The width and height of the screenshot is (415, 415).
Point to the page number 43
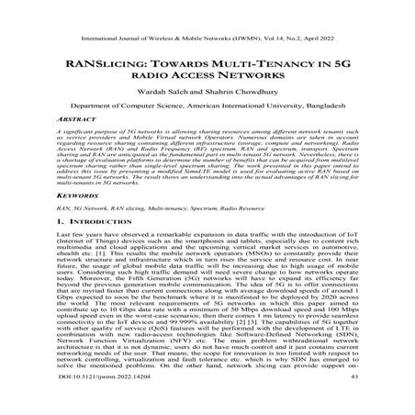(x=348, y=401)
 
